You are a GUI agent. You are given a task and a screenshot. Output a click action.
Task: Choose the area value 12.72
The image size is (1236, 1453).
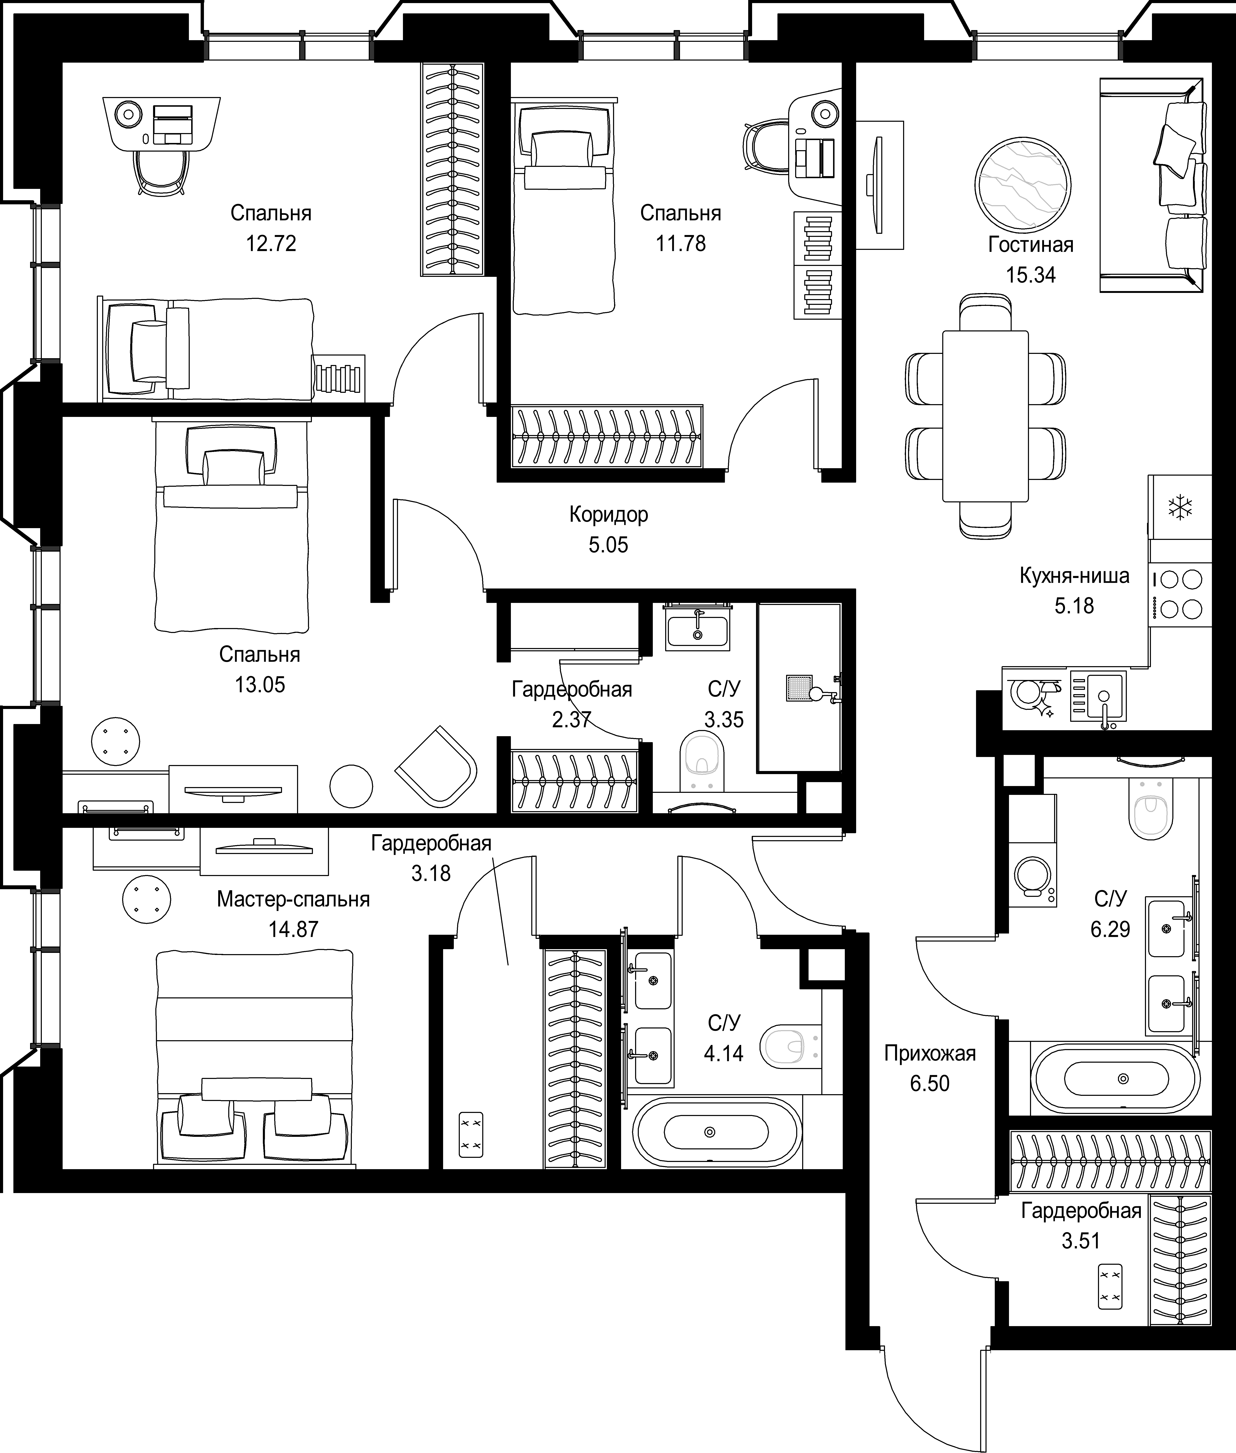tap(271, 244)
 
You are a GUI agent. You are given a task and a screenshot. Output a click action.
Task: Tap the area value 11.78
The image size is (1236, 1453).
tap(680, 244)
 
